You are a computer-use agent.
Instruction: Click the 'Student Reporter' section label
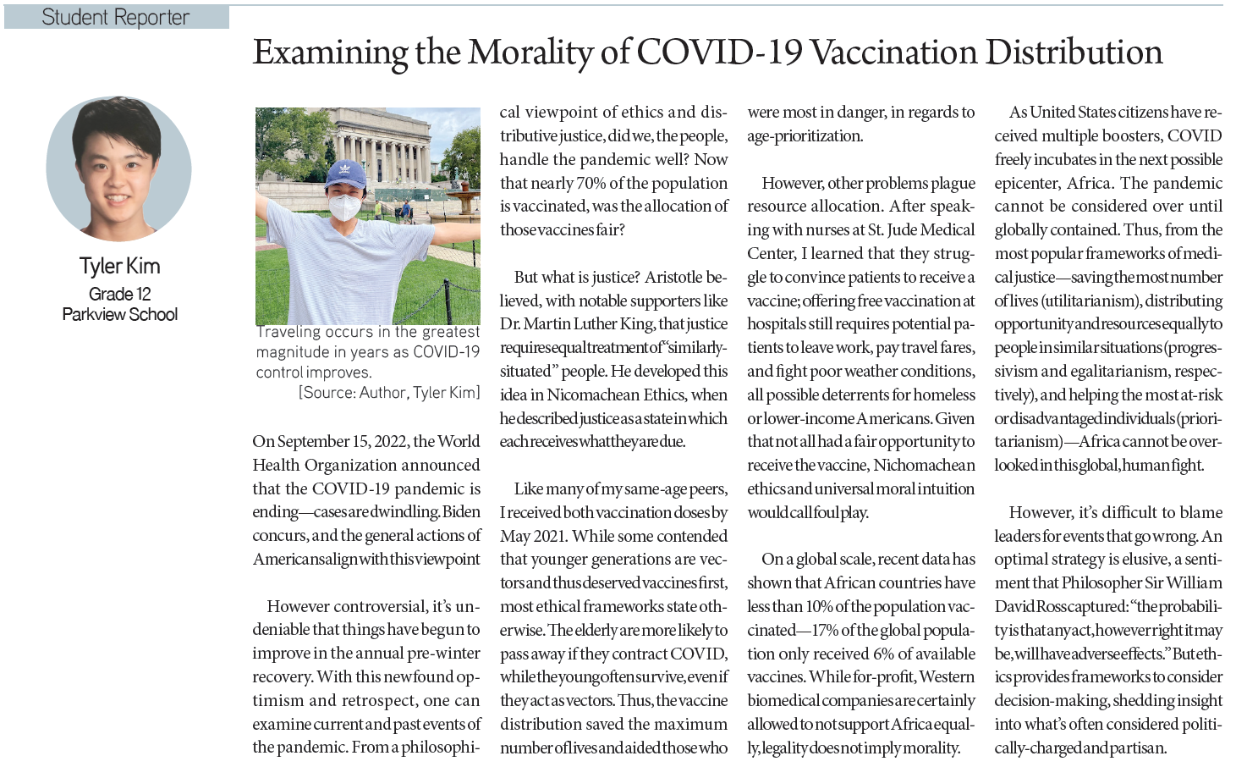[x=116, y=18]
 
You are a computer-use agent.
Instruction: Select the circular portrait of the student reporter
[x=119, y=169]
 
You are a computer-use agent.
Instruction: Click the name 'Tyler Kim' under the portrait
[x=119, y=266]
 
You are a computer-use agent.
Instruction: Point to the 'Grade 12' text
[x=119, y=294]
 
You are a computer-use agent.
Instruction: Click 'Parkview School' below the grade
[x=119, y=314]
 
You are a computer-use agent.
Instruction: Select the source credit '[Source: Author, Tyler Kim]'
[x=389, y=392]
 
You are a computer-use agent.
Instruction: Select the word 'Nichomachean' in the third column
[x=924, y=465]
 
